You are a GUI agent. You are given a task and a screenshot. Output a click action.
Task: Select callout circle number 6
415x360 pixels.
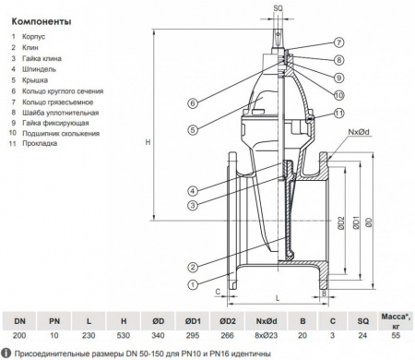(192, 102)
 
